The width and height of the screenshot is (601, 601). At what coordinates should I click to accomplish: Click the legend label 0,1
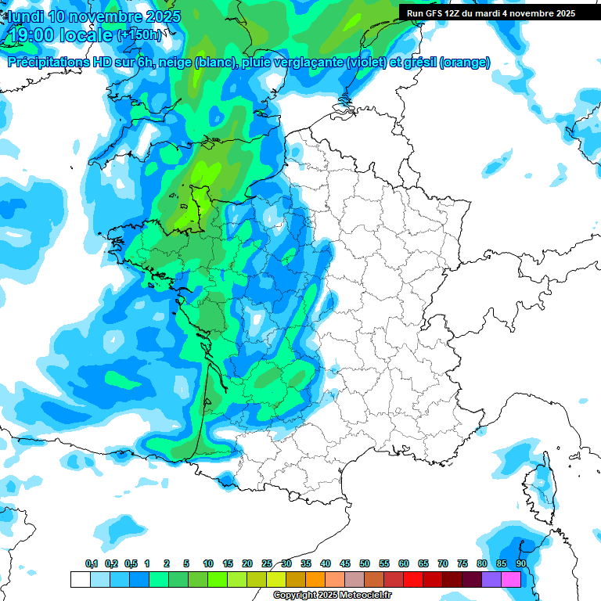[x=92, y=563]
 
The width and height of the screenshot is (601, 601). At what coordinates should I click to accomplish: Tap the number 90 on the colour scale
[x=521, y=563]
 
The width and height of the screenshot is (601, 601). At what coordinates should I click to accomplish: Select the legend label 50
[x=365, y=563]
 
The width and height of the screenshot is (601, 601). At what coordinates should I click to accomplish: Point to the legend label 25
[x=267, y=563]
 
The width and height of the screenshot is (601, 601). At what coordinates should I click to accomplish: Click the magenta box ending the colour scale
[x=511, y=579]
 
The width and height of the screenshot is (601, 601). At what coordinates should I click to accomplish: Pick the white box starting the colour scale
[x=80, y=579]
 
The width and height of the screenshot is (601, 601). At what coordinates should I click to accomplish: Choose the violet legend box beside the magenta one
[x=491, y=579]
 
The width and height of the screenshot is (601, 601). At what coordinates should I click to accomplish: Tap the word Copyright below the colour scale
[x=295, y=596]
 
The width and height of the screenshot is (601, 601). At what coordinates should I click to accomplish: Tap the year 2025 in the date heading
[x=159, y=16]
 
